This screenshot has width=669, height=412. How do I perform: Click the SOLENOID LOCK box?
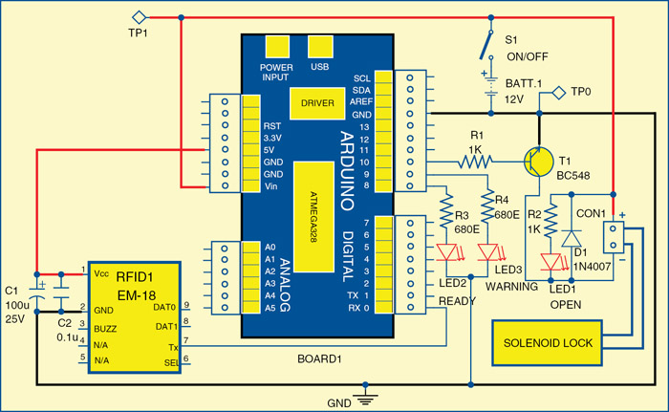pos(547,343)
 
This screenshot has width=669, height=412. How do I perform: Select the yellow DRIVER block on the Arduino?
pos(317,102)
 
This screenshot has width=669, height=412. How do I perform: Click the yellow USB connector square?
pos(320,47)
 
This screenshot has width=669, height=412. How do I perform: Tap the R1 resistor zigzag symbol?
pos(473,163)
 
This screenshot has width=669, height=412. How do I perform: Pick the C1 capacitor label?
pos(12,290)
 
